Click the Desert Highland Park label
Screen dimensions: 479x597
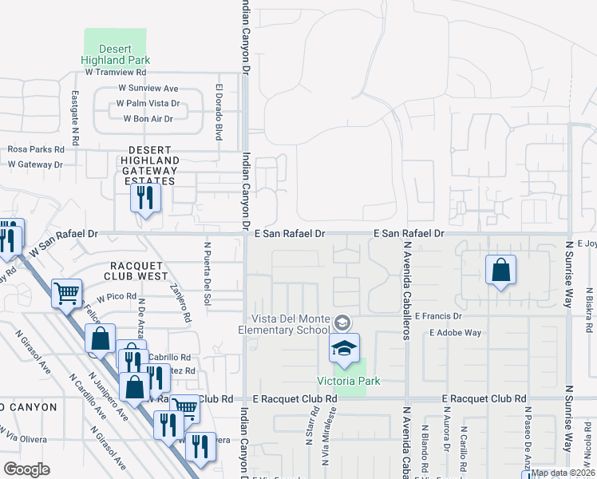[x=116, y=53]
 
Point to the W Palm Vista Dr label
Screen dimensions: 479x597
[x=148, y=103]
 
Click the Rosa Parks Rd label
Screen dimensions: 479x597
[x=36, y=149]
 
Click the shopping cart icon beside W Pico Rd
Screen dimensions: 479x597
[x=66, y=292]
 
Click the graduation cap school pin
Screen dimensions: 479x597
[x=344, y=349]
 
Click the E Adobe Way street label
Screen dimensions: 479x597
[x=455, y=332]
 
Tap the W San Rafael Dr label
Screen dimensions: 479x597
[x=64, y=234]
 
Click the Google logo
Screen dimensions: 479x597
[x=26, y=469]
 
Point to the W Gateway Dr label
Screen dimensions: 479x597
[x=35, y=164]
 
